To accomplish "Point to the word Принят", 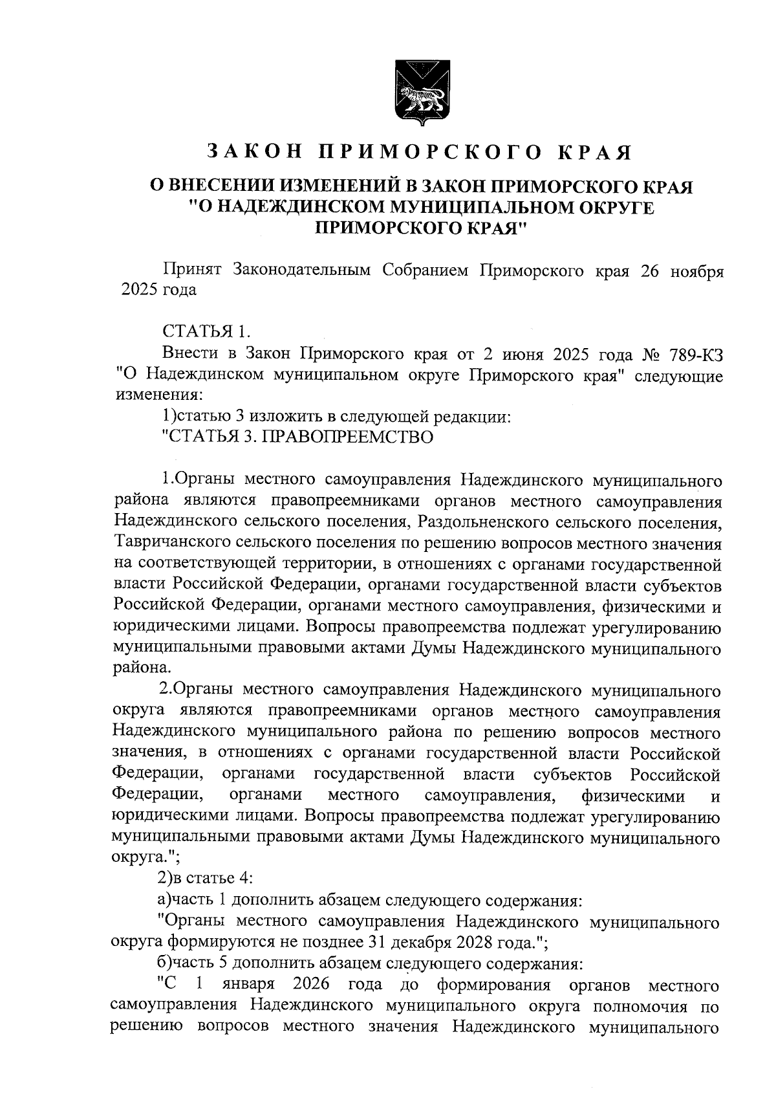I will click(x=192, y=270).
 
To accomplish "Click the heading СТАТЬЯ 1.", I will click(x=205, y=332).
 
